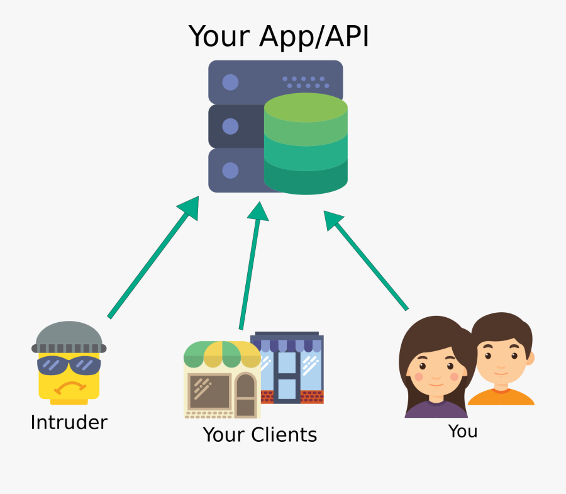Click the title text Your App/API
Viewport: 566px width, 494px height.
pyautogui.click(x=279, y=36)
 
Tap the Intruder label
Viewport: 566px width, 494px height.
pyautogui.click(x=69, y=422)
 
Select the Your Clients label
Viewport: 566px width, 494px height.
pyautogui.click(x=260, y=434)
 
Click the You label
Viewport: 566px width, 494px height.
pyautogui.click(x=462, y=431)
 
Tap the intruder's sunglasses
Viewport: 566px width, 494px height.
pyautogui.click(x=69, y=365)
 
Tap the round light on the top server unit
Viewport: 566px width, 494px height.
pyautogui.click(x=230, y=82)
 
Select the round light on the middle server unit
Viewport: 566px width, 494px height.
pyautogui.click(x=230, y=126)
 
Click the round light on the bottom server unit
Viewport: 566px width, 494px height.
pyautogui.click(x=230, y=170)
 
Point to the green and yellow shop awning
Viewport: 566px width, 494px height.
pyautogui.click(x=221, y=355)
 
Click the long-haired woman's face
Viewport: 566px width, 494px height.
pyautogui.click(x=436, y=366)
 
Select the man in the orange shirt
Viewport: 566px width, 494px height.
pyautogui.click(x=502, y=365)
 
